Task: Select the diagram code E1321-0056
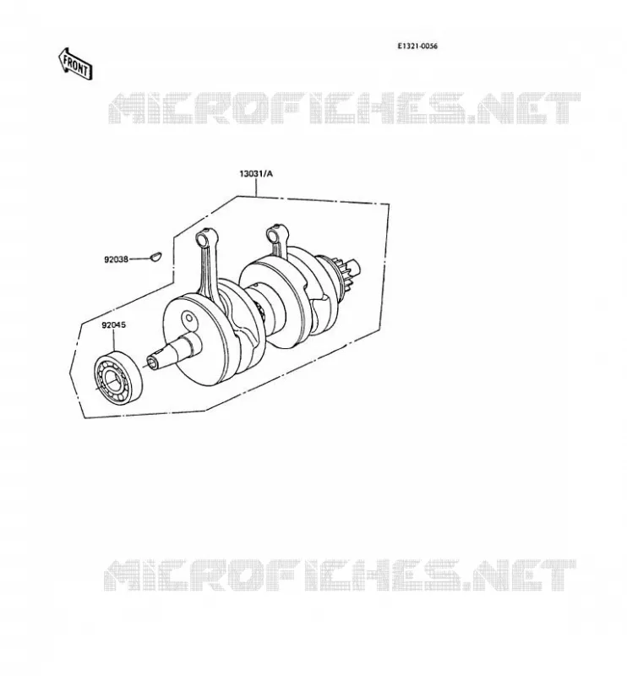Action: (417, 46)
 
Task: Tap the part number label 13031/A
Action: (256, 174)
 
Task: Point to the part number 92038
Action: (116, 259)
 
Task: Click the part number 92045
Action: (114, 325)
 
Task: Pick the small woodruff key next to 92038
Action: (155, 256)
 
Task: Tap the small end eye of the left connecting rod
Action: (203, 238)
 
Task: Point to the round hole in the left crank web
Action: (188, 319)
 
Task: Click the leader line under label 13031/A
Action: (256, 188)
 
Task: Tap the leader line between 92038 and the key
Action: (139, 259)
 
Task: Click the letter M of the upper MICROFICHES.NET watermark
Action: (127, 108)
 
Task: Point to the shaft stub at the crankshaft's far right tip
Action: (356, 268)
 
